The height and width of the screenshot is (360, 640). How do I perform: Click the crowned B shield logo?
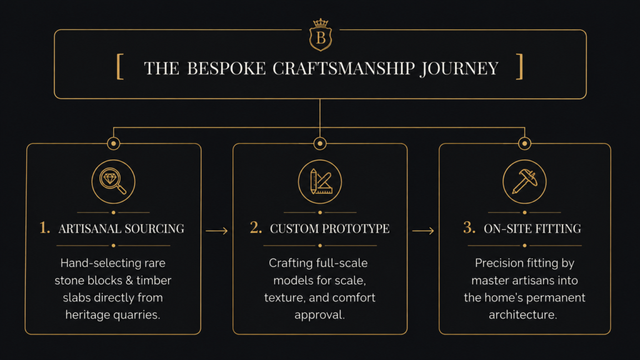[x=321, y=35]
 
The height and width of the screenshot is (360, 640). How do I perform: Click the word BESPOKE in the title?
[x=226, y=69]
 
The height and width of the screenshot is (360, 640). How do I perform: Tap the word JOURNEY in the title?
[x=459, y=69]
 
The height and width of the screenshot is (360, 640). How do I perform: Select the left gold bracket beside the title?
[x=120, y=66]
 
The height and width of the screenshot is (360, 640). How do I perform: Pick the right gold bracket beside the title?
[x=519, y=66]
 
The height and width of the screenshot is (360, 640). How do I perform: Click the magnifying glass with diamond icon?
[x=114, y=182]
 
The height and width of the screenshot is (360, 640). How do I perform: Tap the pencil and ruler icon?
[x=320, y=182]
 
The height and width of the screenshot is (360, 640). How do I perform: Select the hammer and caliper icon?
[x=524, y=182]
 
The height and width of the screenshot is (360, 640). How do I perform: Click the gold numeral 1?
[x=44, y=227]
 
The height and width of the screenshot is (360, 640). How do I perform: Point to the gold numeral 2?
[x=256, y=227]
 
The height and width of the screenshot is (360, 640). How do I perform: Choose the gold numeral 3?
[x=469, y=227]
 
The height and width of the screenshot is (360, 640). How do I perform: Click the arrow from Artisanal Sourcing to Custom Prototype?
[x=217, y=231]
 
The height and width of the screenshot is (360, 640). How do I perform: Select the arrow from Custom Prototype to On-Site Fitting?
[x=423, y=231]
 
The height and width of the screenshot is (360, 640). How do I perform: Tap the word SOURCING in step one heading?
[x=155, y=229]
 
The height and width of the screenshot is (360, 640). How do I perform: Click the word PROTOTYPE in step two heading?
[x=356, y=229]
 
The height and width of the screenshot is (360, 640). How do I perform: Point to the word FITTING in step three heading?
[x=558, y=229]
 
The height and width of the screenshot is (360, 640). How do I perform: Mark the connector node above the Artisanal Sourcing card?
[x=114, y=143]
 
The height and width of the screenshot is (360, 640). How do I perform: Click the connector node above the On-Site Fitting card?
[x=524, y=143]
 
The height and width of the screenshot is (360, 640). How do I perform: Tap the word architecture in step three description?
[x=523, y=315]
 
